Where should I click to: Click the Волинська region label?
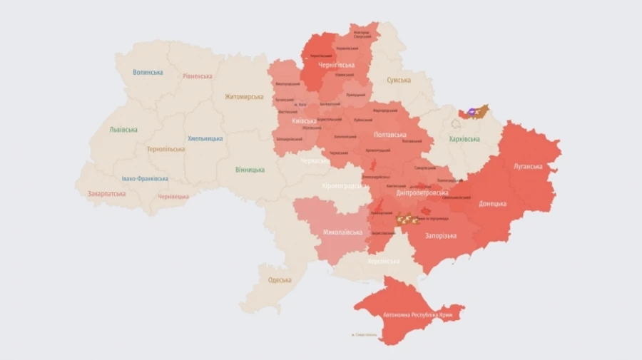pos(148,72)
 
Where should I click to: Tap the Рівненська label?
pos(197,76)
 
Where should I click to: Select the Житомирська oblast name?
pos(244,97)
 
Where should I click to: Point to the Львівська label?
pos(123,130)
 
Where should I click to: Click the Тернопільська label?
pos(165,149)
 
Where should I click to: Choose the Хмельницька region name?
pos(204,138)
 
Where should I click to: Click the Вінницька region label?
pos(250,170)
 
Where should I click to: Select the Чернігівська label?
pos(337,65)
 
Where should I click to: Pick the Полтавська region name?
pos(390,134)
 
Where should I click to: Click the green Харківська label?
pos(464,139)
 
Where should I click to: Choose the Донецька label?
pos(492,203)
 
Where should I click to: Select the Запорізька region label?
pos(441,235)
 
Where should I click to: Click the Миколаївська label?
pos(342,232)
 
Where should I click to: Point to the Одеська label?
pos(280,279)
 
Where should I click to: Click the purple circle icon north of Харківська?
pos(472,112)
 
